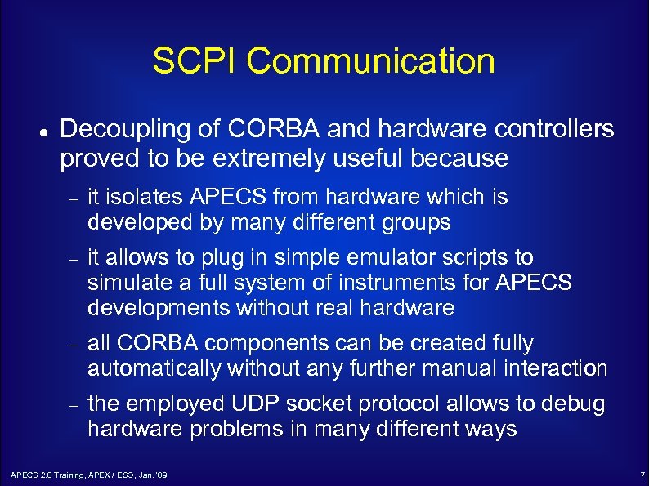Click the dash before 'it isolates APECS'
(73, 199)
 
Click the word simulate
(127, 283)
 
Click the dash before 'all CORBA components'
(73, 346)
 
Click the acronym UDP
(253, 404)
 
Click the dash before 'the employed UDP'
(73, 406)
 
